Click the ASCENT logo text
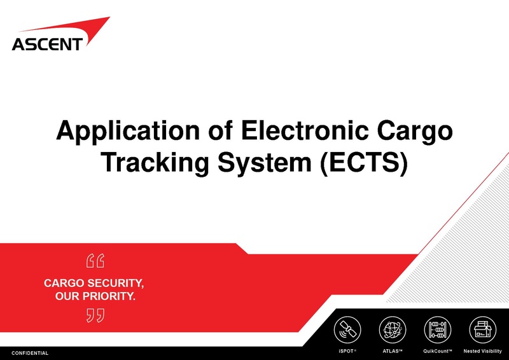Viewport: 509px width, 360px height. point(46,44)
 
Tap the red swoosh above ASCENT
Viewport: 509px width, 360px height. point(83,29)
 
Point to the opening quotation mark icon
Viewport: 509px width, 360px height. point(94,261)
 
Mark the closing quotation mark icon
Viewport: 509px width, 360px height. point(94,315)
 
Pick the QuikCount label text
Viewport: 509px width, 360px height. point(437,352)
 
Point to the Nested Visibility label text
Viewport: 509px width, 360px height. point(482,352)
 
